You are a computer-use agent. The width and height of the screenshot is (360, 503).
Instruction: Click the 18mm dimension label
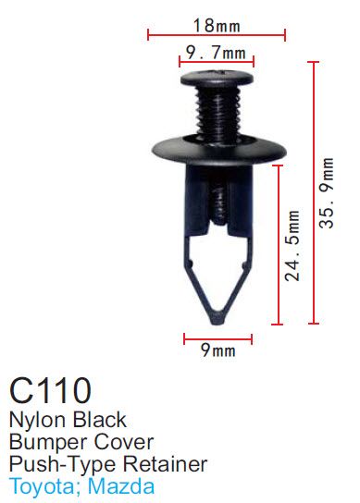(x=217, y=25)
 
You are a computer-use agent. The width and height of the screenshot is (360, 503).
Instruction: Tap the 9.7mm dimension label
(x=217, y=53)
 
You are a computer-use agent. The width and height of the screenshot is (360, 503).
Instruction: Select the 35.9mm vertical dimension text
(x=327, y=193)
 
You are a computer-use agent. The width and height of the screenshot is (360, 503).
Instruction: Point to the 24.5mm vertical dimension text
(x=292, y=246)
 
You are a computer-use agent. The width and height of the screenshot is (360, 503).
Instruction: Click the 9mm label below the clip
(x=218, y=350)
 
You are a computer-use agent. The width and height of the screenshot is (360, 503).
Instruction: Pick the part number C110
(x=50, y=390)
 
